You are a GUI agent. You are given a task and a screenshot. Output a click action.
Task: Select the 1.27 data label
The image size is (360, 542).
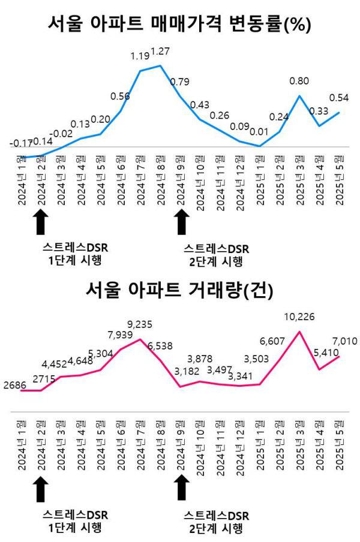160,52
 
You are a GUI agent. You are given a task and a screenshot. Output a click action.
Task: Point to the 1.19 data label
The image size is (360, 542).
140,57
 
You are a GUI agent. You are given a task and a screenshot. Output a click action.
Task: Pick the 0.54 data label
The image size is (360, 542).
339,97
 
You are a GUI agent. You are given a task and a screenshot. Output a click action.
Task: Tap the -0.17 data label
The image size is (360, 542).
20,143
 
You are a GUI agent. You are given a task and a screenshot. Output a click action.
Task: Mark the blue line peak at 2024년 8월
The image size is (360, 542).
160,65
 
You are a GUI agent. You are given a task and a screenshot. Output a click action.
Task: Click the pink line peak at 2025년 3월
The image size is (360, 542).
299,332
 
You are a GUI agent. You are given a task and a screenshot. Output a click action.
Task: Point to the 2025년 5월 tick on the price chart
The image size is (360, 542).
338,180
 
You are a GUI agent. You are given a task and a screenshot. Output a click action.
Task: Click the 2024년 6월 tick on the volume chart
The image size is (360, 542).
121,445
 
